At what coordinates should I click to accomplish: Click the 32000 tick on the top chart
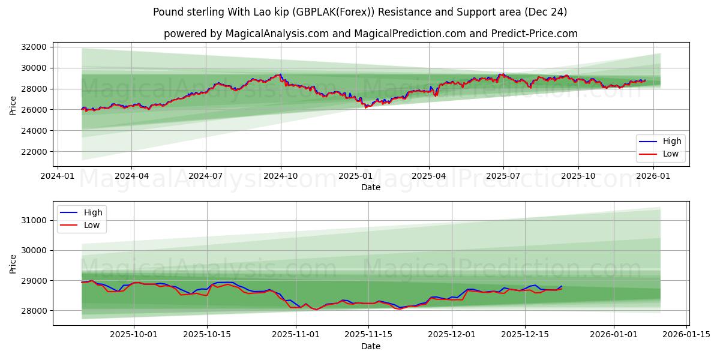point(34,47)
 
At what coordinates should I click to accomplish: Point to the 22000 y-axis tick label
point(34,152)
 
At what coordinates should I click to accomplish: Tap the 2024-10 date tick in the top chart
point(280,176)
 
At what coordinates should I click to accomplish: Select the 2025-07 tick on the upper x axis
point(503,176)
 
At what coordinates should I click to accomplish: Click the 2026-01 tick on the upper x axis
point(652,176)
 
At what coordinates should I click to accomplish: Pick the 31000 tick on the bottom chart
point(34,221)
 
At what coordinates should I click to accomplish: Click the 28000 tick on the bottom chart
point(34,311)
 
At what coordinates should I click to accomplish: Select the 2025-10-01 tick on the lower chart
point(133,335)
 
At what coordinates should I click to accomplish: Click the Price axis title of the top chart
point(13,105)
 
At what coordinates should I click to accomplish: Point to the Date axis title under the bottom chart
point(370,346)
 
